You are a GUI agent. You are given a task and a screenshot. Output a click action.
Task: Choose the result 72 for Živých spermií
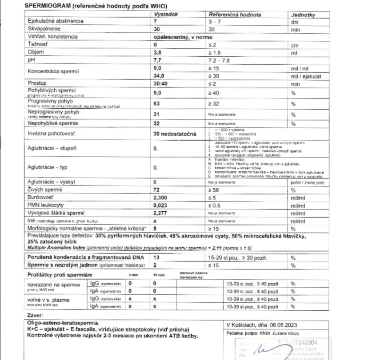pyautogui.click(x=156, y=202)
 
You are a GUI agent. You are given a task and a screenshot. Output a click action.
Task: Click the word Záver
pyautogui.click(x=37, y=315)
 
